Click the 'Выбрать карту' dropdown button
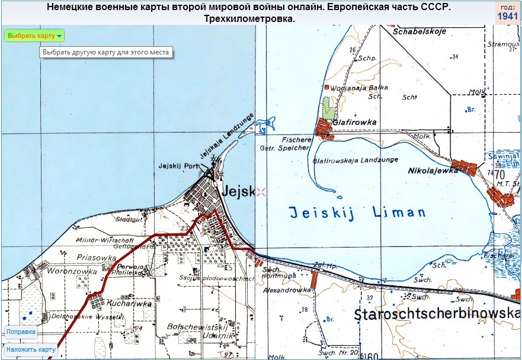point(34,36)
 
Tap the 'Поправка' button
point(21,332)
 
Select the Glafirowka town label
point(356,123)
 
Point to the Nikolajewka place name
point(434,171)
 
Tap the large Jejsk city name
point(238,191)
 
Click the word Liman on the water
point(399,213)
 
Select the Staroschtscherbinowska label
point(437,314)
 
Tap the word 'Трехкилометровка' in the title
point(249,20)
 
